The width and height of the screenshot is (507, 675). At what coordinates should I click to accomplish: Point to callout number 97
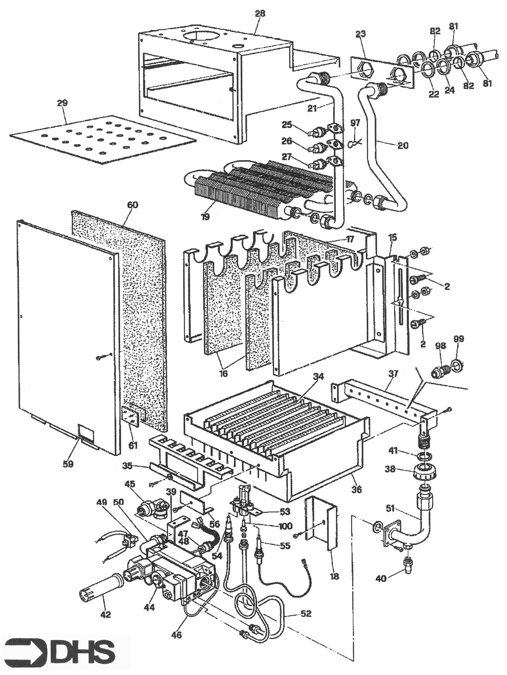[x=355, y=123]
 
